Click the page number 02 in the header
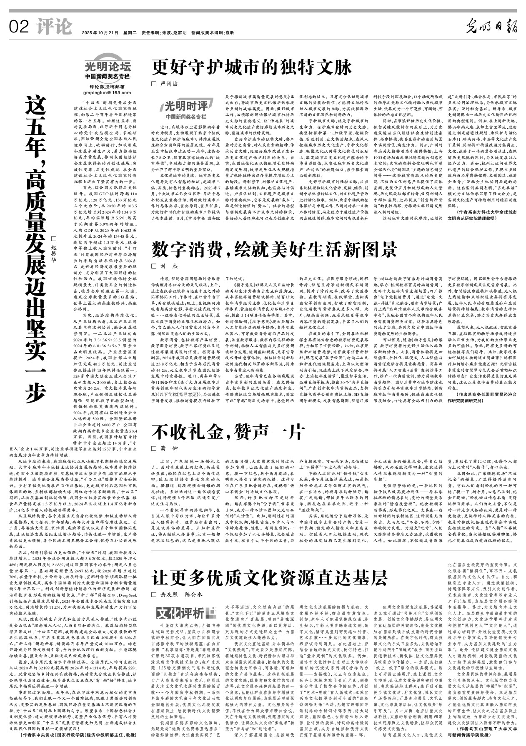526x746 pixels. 19,27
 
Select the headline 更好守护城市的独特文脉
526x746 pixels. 252,67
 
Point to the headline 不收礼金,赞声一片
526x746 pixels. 228,432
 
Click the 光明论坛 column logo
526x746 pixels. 108,67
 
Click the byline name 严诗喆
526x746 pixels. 169,84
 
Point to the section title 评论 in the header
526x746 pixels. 53,27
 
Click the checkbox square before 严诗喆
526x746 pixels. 153,84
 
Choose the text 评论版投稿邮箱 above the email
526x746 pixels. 107,87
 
